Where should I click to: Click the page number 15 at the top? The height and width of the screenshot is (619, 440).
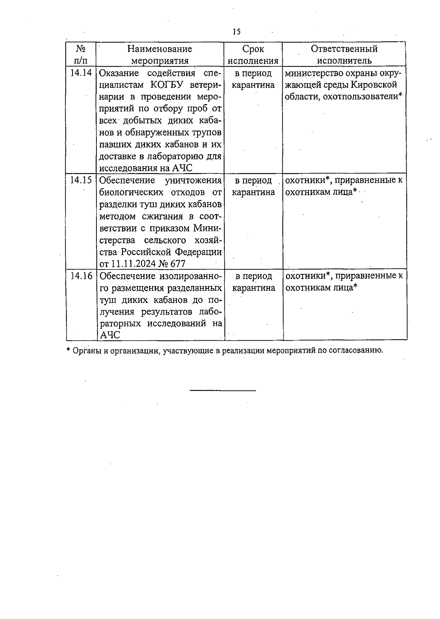[x=236, y=32]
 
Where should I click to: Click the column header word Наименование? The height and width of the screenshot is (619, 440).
[x=159, y=49]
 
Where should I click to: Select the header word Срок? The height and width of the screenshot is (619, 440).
[x=253, y=49]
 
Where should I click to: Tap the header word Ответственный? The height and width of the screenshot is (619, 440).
[x=344, y=49]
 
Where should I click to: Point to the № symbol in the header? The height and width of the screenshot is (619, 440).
[x=81, y=49]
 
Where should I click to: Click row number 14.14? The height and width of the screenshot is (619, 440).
[x=81, y=73]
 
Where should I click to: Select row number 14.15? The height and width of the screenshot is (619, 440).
[x=81, y=180]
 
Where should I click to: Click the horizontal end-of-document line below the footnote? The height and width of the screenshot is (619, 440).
[x=223, y=391]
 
